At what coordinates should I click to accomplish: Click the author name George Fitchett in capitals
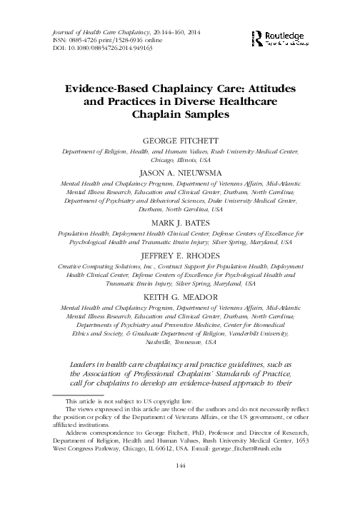(179, 141)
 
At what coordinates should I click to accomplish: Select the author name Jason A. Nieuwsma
(179, 173)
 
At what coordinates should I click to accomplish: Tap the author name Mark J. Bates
(179, 223)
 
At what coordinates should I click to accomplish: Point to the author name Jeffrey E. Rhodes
(179, 253)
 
